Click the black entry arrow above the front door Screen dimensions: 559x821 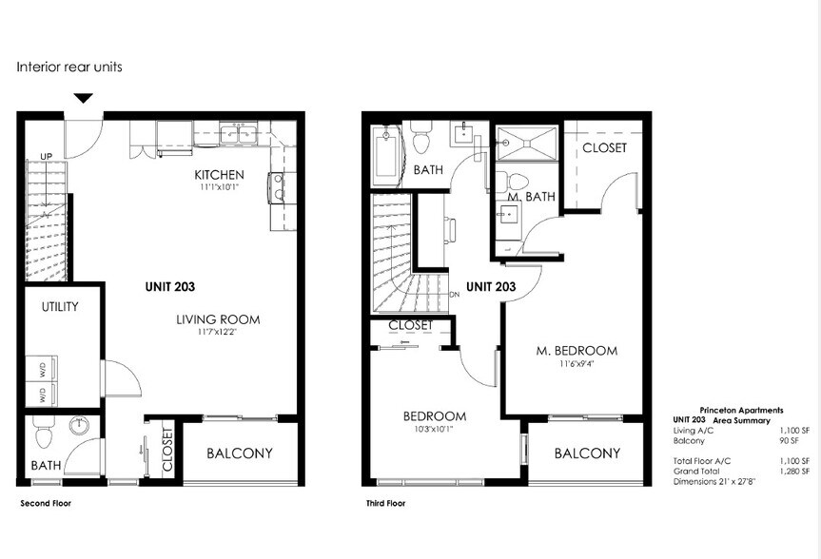pos(84,98)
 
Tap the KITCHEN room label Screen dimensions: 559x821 pos(219,175)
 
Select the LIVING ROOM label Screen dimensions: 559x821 pos(218,319)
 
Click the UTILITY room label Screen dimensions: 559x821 pos(59,307)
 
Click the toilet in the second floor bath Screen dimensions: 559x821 pos(43,434)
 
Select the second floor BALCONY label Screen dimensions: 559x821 pos(240,453)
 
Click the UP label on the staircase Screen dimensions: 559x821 pos(45,157)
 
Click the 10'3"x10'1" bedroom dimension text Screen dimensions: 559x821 pos(434,430)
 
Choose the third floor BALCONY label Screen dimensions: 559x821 pos(587,453)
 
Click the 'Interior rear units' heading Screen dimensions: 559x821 pos(69,67)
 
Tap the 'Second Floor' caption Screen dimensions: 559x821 pos(46,503)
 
